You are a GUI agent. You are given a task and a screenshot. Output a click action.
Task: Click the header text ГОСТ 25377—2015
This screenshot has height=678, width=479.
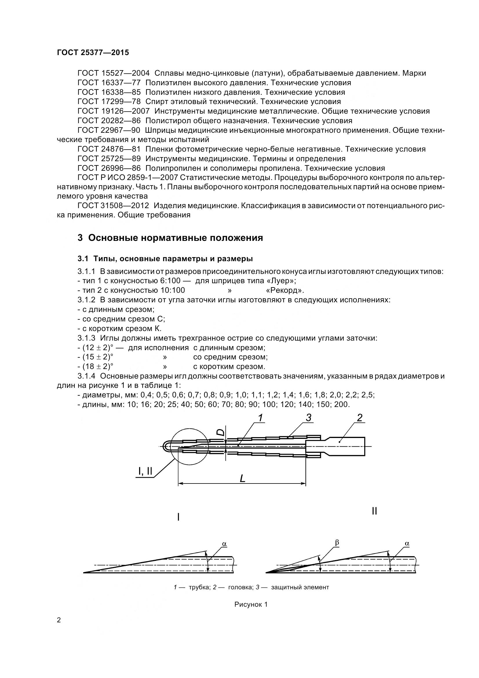click(93, 52)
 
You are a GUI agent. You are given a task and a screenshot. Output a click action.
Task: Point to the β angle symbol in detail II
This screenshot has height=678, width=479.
click(337, 542)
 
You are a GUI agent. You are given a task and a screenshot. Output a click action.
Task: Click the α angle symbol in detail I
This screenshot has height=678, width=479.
click(224, 544)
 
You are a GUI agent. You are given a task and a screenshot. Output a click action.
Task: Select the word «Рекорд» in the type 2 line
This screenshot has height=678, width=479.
click(285, 290)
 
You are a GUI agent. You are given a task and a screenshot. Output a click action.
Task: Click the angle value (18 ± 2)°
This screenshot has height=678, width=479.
click(97, 366)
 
